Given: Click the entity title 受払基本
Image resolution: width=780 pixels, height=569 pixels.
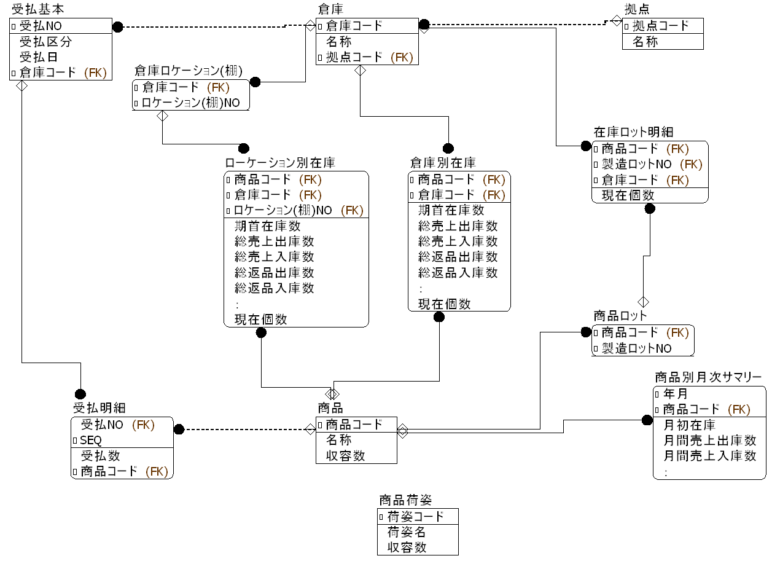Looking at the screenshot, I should pos(38,9).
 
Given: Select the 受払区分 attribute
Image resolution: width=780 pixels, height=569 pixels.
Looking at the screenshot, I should pos(45,42).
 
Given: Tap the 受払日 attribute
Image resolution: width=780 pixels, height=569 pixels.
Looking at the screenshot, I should pos(38,57).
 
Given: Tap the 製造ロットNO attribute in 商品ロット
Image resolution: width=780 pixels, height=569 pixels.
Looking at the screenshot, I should pos(636,348).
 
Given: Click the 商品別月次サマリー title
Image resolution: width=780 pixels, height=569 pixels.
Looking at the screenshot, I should pos(708,377).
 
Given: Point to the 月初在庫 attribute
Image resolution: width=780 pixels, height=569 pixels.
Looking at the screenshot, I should pos(690,425).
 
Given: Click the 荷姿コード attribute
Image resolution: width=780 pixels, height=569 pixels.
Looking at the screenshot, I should pos(415,516).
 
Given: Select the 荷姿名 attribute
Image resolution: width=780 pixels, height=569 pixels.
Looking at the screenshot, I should pos(407,532).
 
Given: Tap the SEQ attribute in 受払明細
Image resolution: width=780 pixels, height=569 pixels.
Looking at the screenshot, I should pos(91,441).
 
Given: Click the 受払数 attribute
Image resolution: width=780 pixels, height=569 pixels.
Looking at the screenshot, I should pos(101,456).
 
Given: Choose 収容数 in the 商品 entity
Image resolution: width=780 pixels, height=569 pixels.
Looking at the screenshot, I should pos(345,456).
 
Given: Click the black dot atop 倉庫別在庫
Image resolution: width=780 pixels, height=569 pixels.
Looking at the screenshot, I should pos(448,148).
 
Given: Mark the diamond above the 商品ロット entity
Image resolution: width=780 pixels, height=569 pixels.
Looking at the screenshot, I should pos(643,302).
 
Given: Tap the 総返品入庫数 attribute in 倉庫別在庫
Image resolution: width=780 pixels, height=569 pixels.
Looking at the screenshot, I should pos(458,272).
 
